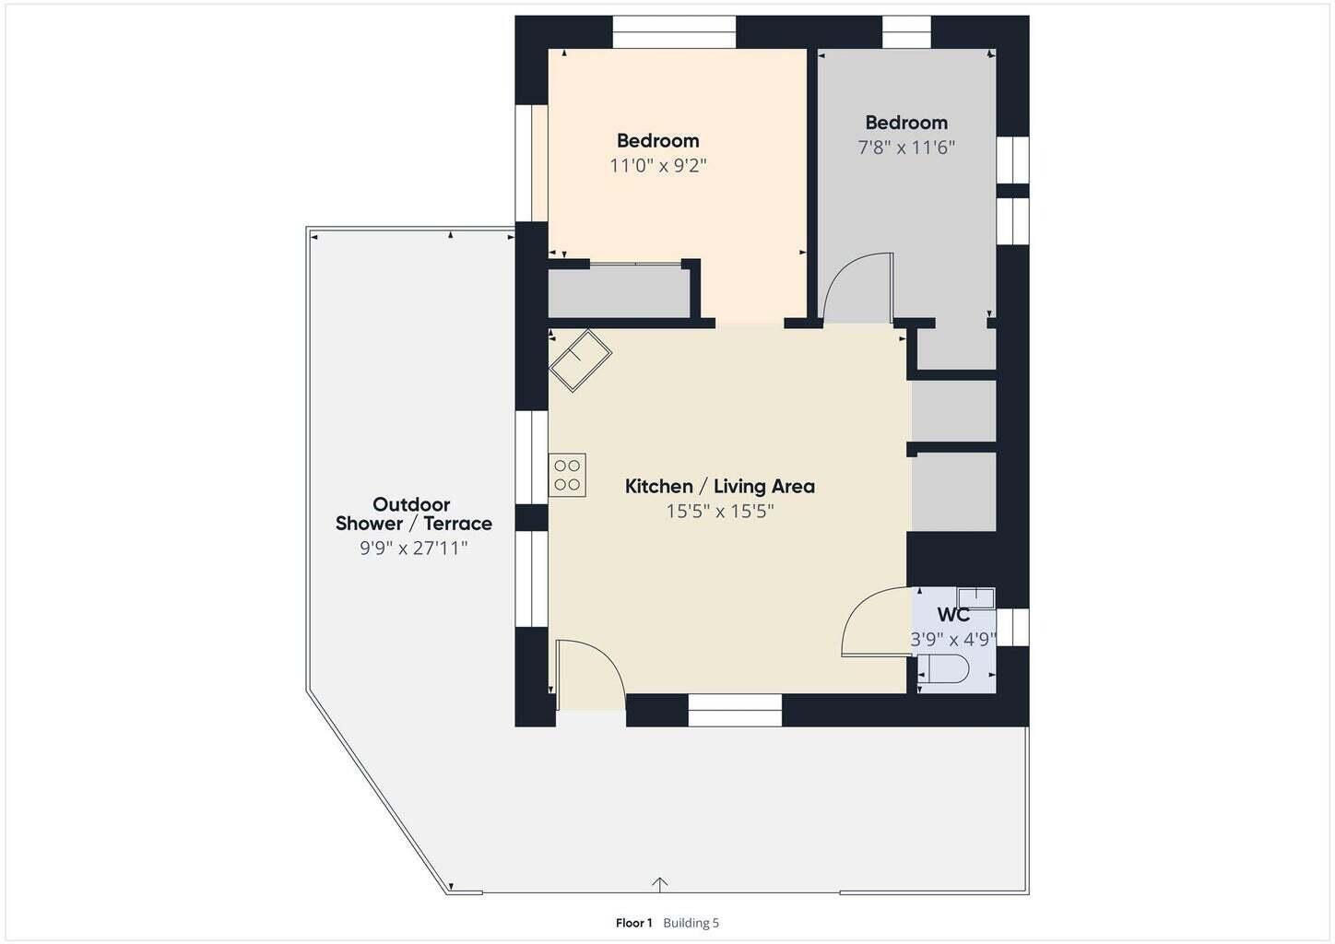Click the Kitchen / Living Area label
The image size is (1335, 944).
coord(719,487)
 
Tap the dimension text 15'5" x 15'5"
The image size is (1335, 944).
coord(719,512)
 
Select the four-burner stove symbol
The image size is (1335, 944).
coord(567,475)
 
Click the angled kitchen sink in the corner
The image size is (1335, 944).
coord(580,360)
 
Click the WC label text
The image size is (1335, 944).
coord(953,615)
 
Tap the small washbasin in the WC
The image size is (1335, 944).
coord(975,597)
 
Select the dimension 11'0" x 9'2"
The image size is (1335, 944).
coord(658,165)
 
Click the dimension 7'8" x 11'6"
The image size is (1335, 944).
coord(906,147)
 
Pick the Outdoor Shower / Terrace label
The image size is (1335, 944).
coord(414,513)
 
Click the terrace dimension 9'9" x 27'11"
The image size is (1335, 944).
coord(413,548)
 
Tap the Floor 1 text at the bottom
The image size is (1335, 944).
coord(634,923)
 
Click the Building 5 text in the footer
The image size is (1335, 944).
coord(691,923)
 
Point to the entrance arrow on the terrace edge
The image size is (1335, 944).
coord(659,884)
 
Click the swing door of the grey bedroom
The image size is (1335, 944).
coord(858,288)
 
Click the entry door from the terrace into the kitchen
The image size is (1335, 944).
coord(590,675)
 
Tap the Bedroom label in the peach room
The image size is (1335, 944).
coord(658,141)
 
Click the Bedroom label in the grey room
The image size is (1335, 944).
coord(906,123)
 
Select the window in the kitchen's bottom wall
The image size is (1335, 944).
coord(735,710)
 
